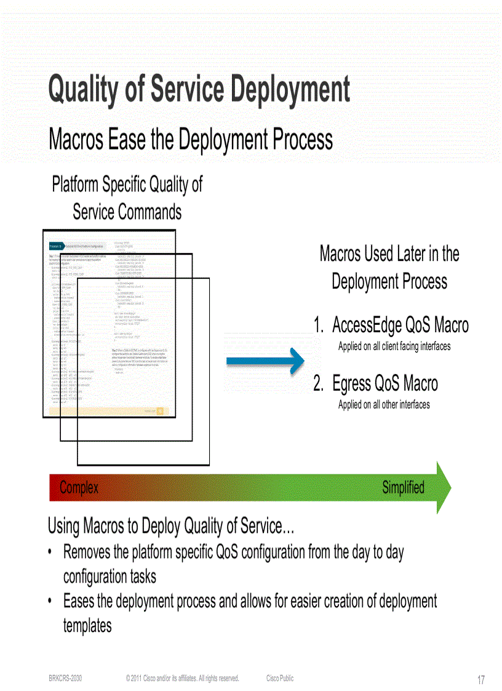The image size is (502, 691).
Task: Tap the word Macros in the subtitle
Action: [76, 139]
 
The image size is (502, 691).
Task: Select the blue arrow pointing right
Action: [265, 362]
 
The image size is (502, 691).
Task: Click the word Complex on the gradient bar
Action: [79, 488]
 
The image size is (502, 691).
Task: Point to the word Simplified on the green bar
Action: [403, 487]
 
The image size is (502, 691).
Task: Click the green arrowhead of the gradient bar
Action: [444, 487]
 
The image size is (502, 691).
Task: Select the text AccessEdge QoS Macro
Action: [400, 325]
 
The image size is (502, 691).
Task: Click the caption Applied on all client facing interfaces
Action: [394, 346]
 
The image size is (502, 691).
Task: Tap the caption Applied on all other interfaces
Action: [384, 405]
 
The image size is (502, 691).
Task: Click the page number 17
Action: [481, 680]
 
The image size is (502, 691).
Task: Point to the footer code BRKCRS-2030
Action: [65, 678]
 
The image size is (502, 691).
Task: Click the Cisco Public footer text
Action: [280, 678]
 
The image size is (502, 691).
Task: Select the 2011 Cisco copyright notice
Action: [182, 678]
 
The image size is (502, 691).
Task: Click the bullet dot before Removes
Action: [50, 552]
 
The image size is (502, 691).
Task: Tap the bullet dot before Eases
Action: [50, 601]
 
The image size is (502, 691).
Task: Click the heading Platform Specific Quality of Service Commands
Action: [127, 198]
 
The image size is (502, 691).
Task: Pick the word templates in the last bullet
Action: [87, 626]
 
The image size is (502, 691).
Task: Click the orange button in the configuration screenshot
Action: [160, 410]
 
